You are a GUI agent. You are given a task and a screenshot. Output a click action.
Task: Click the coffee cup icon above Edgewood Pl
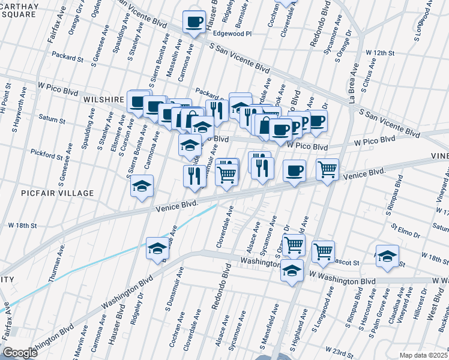click(x=194, y=22)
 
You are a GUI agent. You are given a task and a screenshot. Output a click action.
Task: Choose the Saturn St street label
click(x=52, y=120)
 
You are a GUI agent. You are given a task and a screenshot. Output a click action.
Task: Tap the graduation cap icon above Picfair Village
click(x=142, y=186)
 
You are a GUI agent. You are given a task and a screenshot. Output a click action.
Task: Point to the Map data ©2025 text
click(x=423, y=355)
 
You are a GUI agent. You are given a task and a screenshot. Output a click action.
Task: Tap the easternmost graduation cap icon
click(x=387, y=256)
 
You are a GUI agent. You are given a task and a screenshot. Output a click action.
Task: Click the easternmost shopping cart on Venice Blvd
click(x=327, y=170)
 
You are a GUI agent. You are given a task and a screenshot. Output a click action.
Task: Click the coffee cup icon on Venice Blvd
click(x=294, y=171)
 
